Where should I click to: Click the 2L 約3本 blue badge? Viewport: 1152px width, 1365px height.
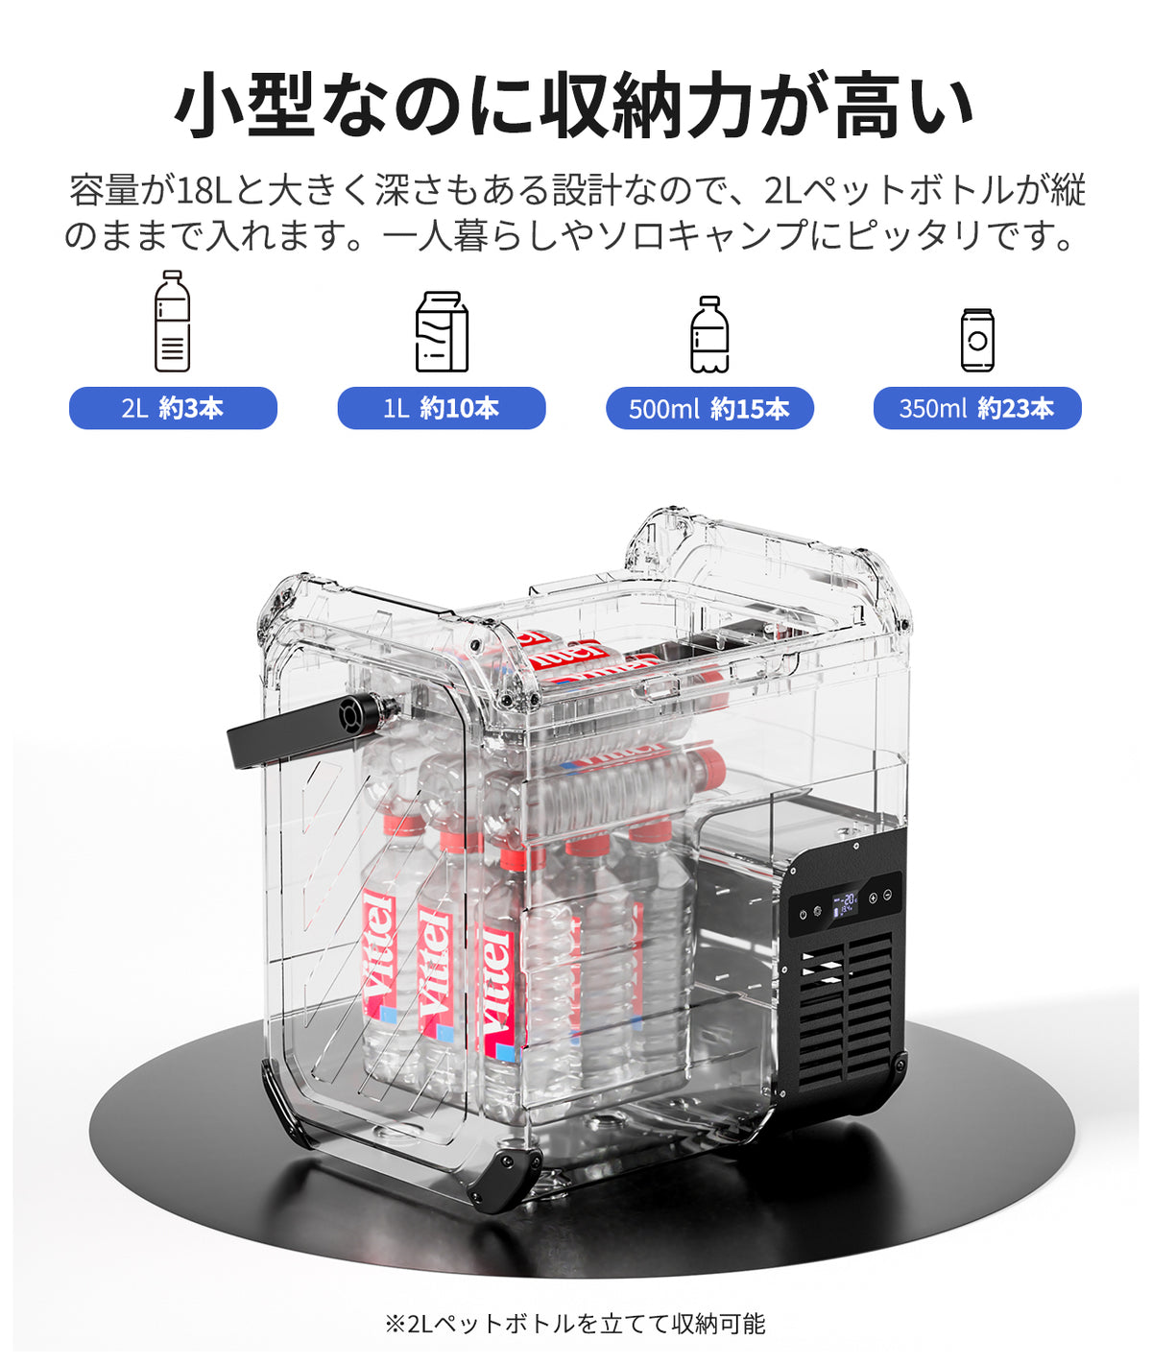[173, 408]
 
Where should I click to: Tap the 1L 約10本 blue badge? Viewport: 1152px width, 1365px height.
[442, 408]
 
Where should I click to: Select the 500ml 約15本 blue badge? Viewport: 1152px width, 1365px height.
[710, 408]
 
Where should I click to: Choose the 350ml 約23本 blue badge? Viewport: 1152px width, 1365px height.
[977, 408]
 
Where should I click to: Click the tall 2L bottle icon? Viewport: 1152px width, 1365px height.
[173, 321]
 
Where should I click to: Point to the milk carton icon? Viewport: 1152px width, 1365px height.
[442, 331]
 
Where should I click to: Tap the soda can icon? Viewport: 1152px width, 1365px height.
[977, 340]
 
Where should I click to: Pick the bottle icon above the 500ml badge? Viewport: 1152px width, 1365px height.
[710, 334]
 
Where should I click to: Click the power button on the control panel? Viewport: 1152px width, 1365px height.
[804, 915]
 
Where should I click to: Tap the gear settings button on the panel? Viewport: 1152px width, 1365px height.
[817, 911]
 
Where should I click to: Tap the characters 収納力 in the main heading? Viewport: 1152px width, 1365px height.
[646, 106]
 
